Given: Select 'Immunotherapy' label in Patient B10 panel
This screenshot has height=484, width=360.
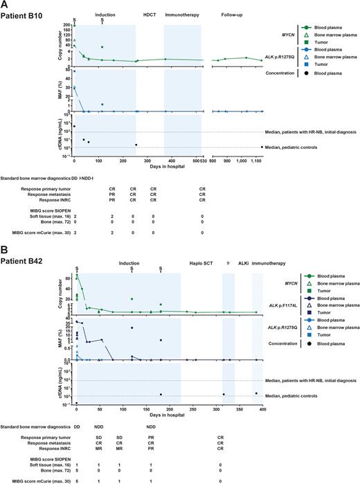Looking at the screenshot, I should coord(183,15).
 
